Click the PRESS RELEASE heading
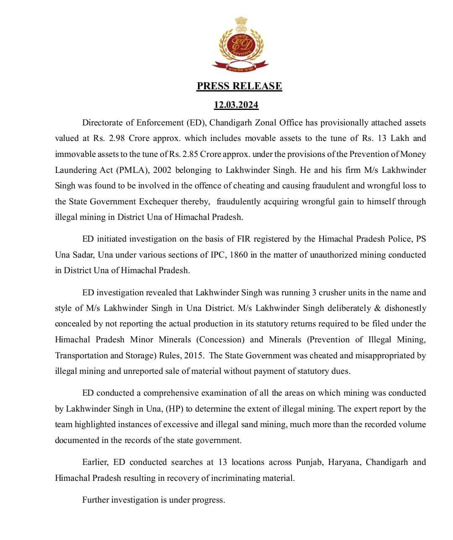coord(240,86)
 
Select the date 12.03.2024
coord(236,104)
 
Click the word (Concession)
coord(220,339)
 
